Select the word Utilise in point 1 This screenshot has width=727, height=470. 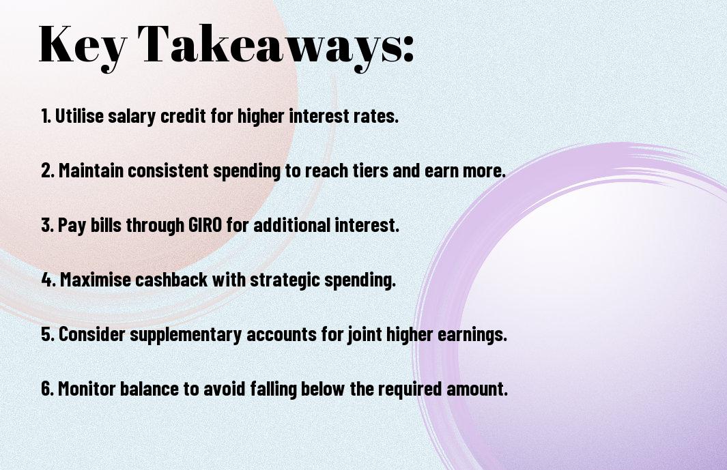[79, 116]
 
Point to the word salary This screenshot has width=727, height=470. [132, 117]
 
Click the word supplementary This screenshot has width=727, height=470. [186, 335]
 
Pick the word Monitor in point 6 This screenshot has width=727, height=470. [87, 388]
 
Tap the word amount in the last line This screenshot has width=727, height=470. [477, 388]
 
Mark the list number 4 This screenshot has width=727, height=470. [47, 280]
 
